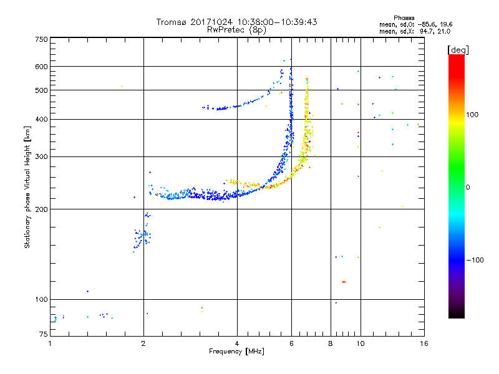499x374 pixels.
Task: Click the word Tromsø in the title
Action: tap(171, 22)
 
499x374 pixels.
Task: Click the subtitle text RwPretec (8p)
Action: tap(237, 30)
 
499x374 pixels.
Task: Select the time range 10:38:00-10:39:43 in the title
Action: tap(277, 22)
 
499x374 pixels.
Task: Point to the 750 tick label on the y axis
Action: tap(41, 39)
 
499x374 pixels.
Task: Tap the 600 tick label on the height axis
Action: tap(41, 67)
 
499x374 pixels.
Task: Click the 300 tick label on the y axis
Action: tap(41, 157)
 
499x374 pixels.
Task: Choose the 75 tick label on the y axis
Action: tap(44, 334)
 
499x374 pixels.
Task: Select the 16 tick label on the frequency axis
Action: tap(424, 343)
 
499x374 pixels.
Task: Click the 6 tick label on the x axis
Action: tap(291, 343)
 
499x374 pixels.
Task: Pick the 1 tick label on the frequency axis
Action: tap(50, 343)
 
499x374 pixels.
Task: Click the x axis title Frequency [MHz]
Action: tap(237, 352)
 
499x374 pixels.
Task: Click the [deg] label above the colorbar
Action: tap(458, 50)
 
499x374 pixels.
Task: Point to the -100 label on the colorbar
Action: tap(475, 260)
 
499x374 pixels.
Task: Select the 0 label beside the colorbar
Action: tap(468, 188)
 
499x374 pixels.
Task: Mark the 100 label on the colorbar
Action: tap(472, 115)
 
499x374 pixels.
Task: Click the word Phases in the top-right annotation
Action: tap(404, 18)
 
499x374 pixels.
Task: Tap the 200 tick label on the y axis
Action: tap(41, 209)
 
